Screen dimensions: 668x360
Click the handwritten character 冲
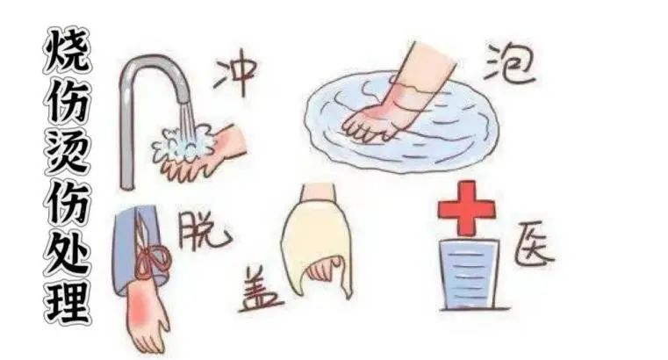click(235, 76)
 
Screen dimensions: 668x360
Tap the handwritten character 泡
click(509, 66)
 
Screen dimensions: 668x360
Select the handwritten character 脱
click(204, 232)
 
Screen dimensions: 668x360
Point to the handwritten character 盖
click(260, 290)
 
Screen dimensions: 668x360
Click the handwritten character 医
click(534, 245)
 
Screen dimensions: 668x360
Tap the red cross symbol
click(466, 208)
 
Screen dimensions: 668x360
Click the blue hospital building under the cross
click(469, 274)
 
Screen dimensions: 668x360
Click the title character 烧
click(67, 50)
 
